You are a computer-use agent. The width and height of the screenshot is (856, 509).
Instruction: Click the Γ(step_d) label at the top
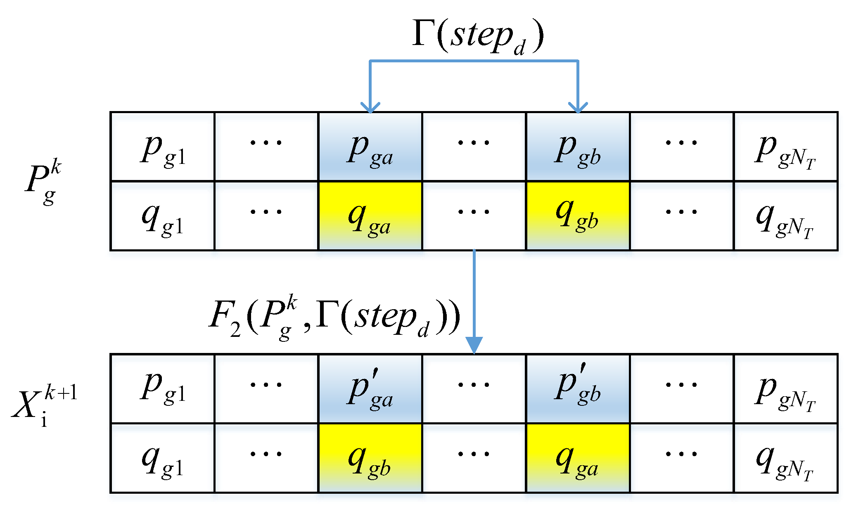(x=478, y=36)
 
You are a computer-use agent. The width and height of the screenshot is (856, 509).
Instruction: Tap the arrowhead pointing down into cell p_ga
(x=370, y=107)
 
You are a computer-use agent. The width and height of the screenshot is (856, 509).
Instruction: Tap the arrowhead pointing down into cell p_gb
(x=578, y=107)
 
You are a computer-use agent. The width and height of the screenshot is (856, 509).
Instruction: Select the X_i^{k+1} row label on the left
(x=43, y=406)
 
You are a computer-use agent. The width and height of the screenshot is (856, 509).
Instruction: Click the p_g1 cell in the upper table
(x=162, y=147)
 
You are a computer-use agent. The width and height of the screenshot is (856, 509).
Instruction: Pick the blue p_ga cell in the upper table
(x=370, y=147)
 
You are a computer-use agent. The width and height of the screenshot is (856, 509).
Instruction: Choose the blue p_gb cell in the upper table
(x=578, y=147)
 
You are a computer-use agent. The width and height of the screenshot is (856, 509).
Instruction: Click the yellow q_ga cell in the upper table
(x=370, y=216)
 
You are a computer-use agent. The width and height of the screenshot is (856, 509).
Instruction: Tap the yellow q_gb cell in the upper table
(x=578, y=216)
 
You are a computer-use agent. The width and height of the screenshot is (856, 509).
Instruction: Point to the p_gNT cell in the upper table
(x=785, y=147)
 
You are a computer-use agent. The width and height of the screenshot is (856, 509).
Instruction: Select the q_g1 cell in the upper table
(x=162, y=216)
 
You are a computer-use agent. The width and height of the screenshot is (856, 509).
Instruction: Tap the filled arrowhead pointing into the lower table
(x=474, y=345)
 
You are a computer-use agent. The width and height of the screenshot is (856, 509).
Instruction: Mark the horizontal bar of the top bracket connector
(x=474, y=62)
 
